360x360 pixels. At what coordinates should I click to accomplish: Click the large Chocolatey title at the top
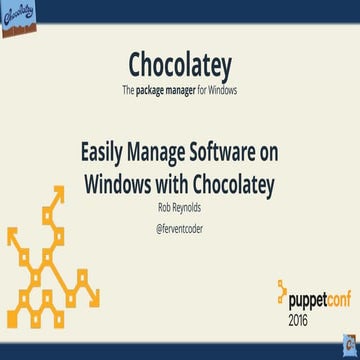coord(180,63)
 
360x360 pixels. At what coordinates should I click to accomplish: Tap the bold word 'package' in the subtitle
coord(162,90)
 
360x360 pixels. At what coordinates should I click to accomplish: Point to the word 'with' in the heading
coord(181,185)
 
